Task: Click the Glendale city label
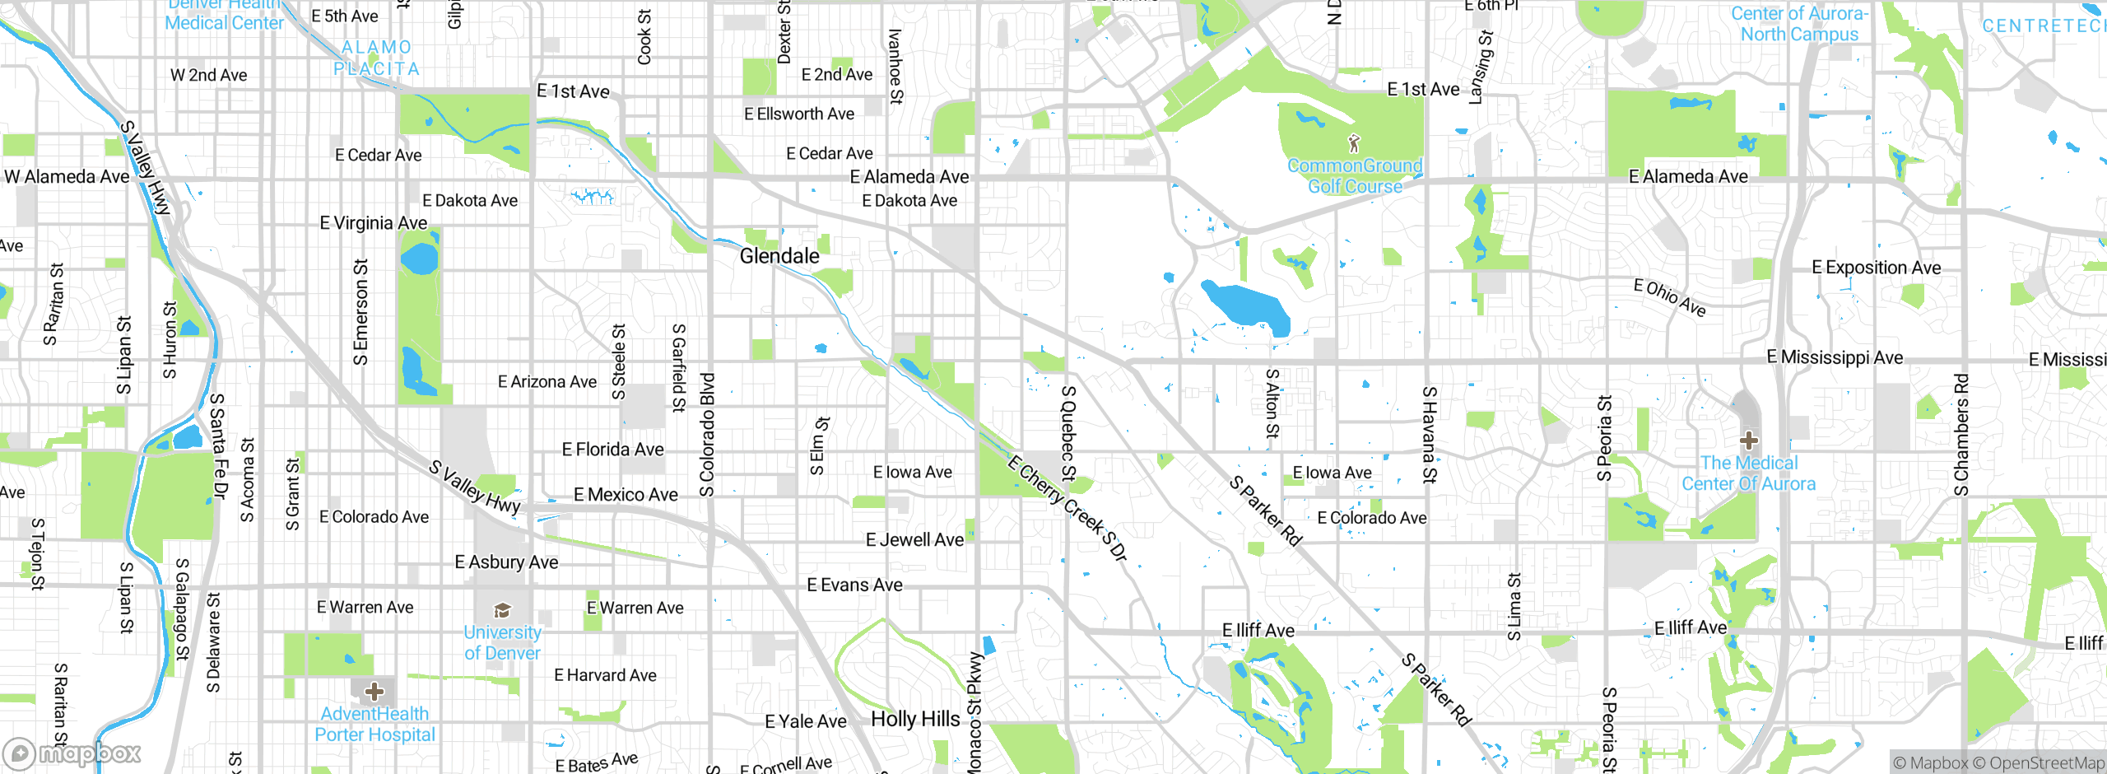click(779, 256)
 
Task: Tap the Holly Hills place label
click(915, 719)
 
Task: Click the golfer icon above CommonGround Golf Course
click(1354, 143)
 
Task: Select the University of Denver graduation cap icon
click(502, 610)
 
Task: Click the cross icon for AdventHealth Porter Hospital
click(374, 691)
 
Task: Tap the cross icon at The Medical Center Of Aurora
click(1749, 441)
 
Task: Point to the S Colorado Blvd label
click(707, 435)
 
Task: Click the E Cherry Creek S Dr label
click(1067, 508)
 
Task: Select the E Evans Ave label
click(854, 585)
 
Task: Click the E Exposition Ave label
click(1876, 268)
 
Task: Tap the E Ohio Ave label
click(1670, 297)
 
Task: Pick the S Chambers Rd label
click(1961, 435)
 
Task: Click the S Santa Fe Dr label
click(218, 446)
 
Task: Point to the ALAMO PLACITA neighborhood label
click(377, 58)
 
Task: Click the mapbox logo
click(72, 753)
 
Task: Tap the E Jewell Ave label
click(914, 540)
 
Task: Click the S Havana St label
click(1430, 435)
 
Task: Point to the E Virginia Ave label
click(373, 223)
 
